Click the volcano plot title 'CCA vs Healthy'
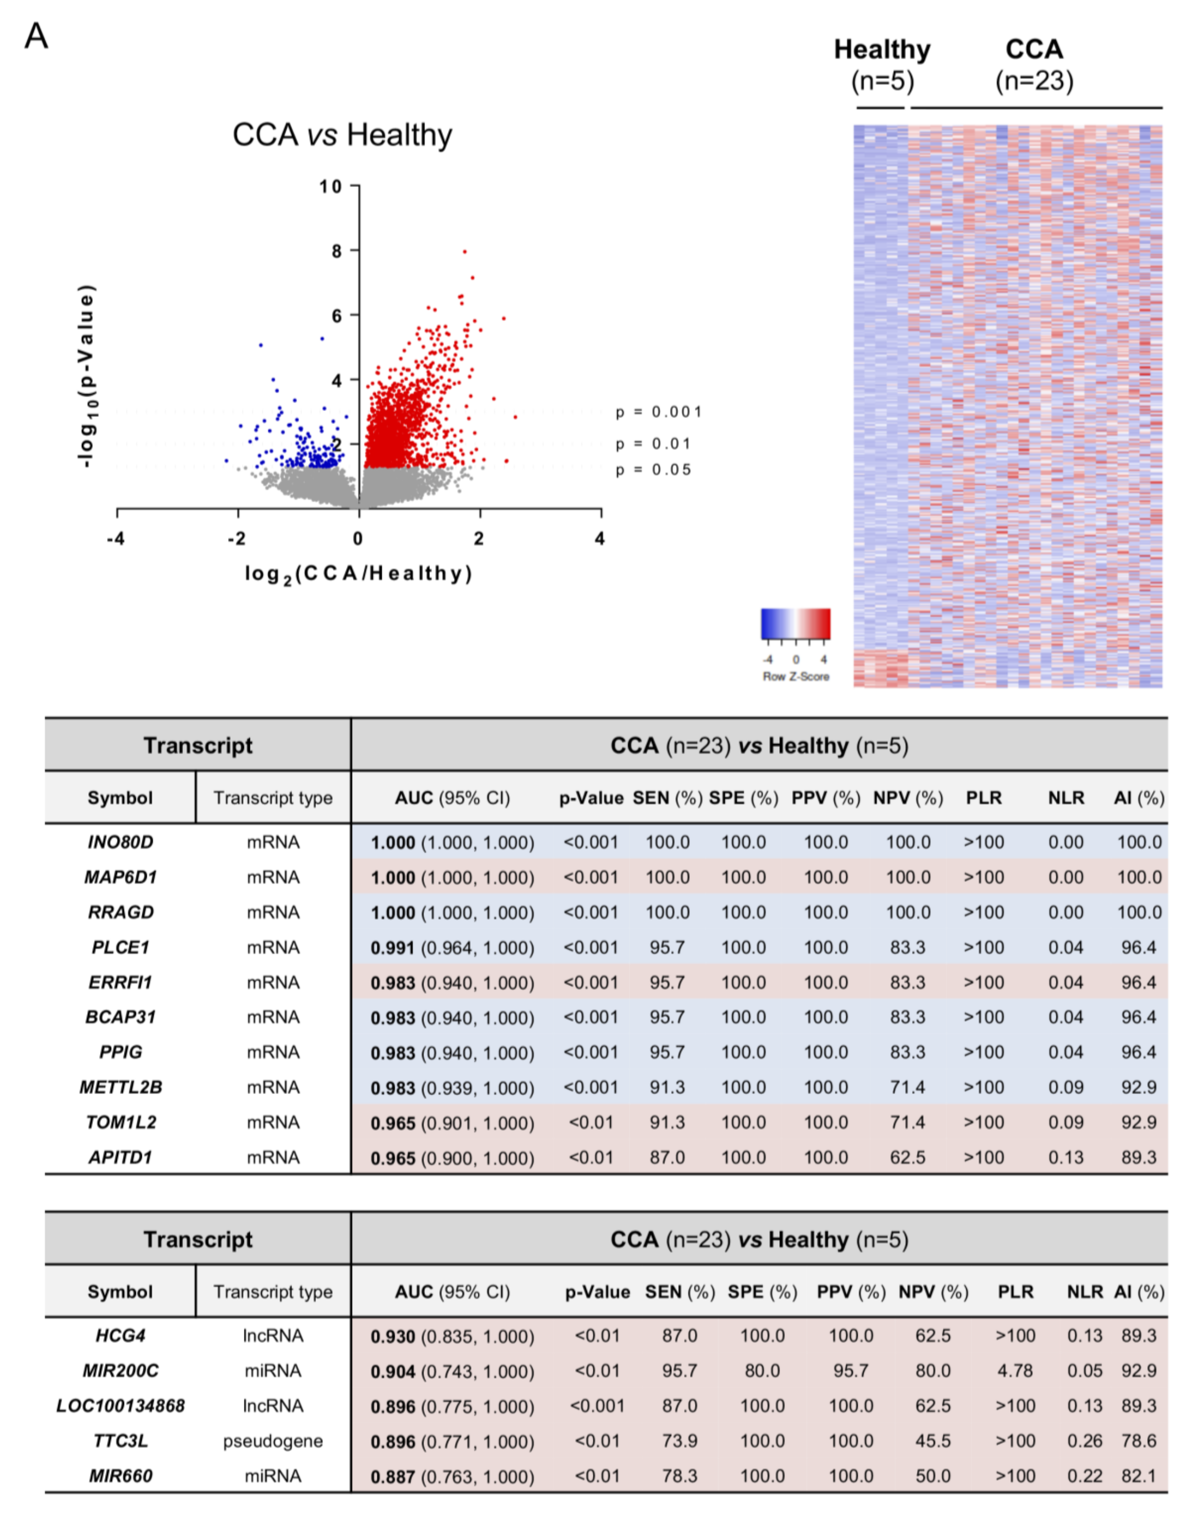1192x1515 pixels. pos(342,135)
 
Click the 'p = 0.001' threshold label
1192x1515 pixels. pos(658,412)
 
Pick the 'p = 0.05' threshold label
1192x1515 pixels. pos(653,470)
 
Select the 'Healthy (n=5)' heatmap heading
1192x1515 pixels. pos(882,65)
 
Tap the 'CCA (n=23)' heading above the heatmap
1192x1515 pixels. pos(1034,65)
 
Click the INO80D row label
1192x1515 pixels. pos(120,843)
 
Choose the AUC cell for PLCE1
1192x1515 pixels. pos(452,948)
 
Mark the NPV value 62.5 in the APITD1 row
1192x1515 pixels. pos(907,1158)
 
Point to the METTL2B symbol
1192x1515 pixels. pos(120,1087)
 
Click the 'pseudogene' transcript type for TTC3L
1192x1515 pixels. pos(273,1441)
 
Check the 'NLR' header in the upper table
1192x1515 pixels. pos(1066,798)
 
